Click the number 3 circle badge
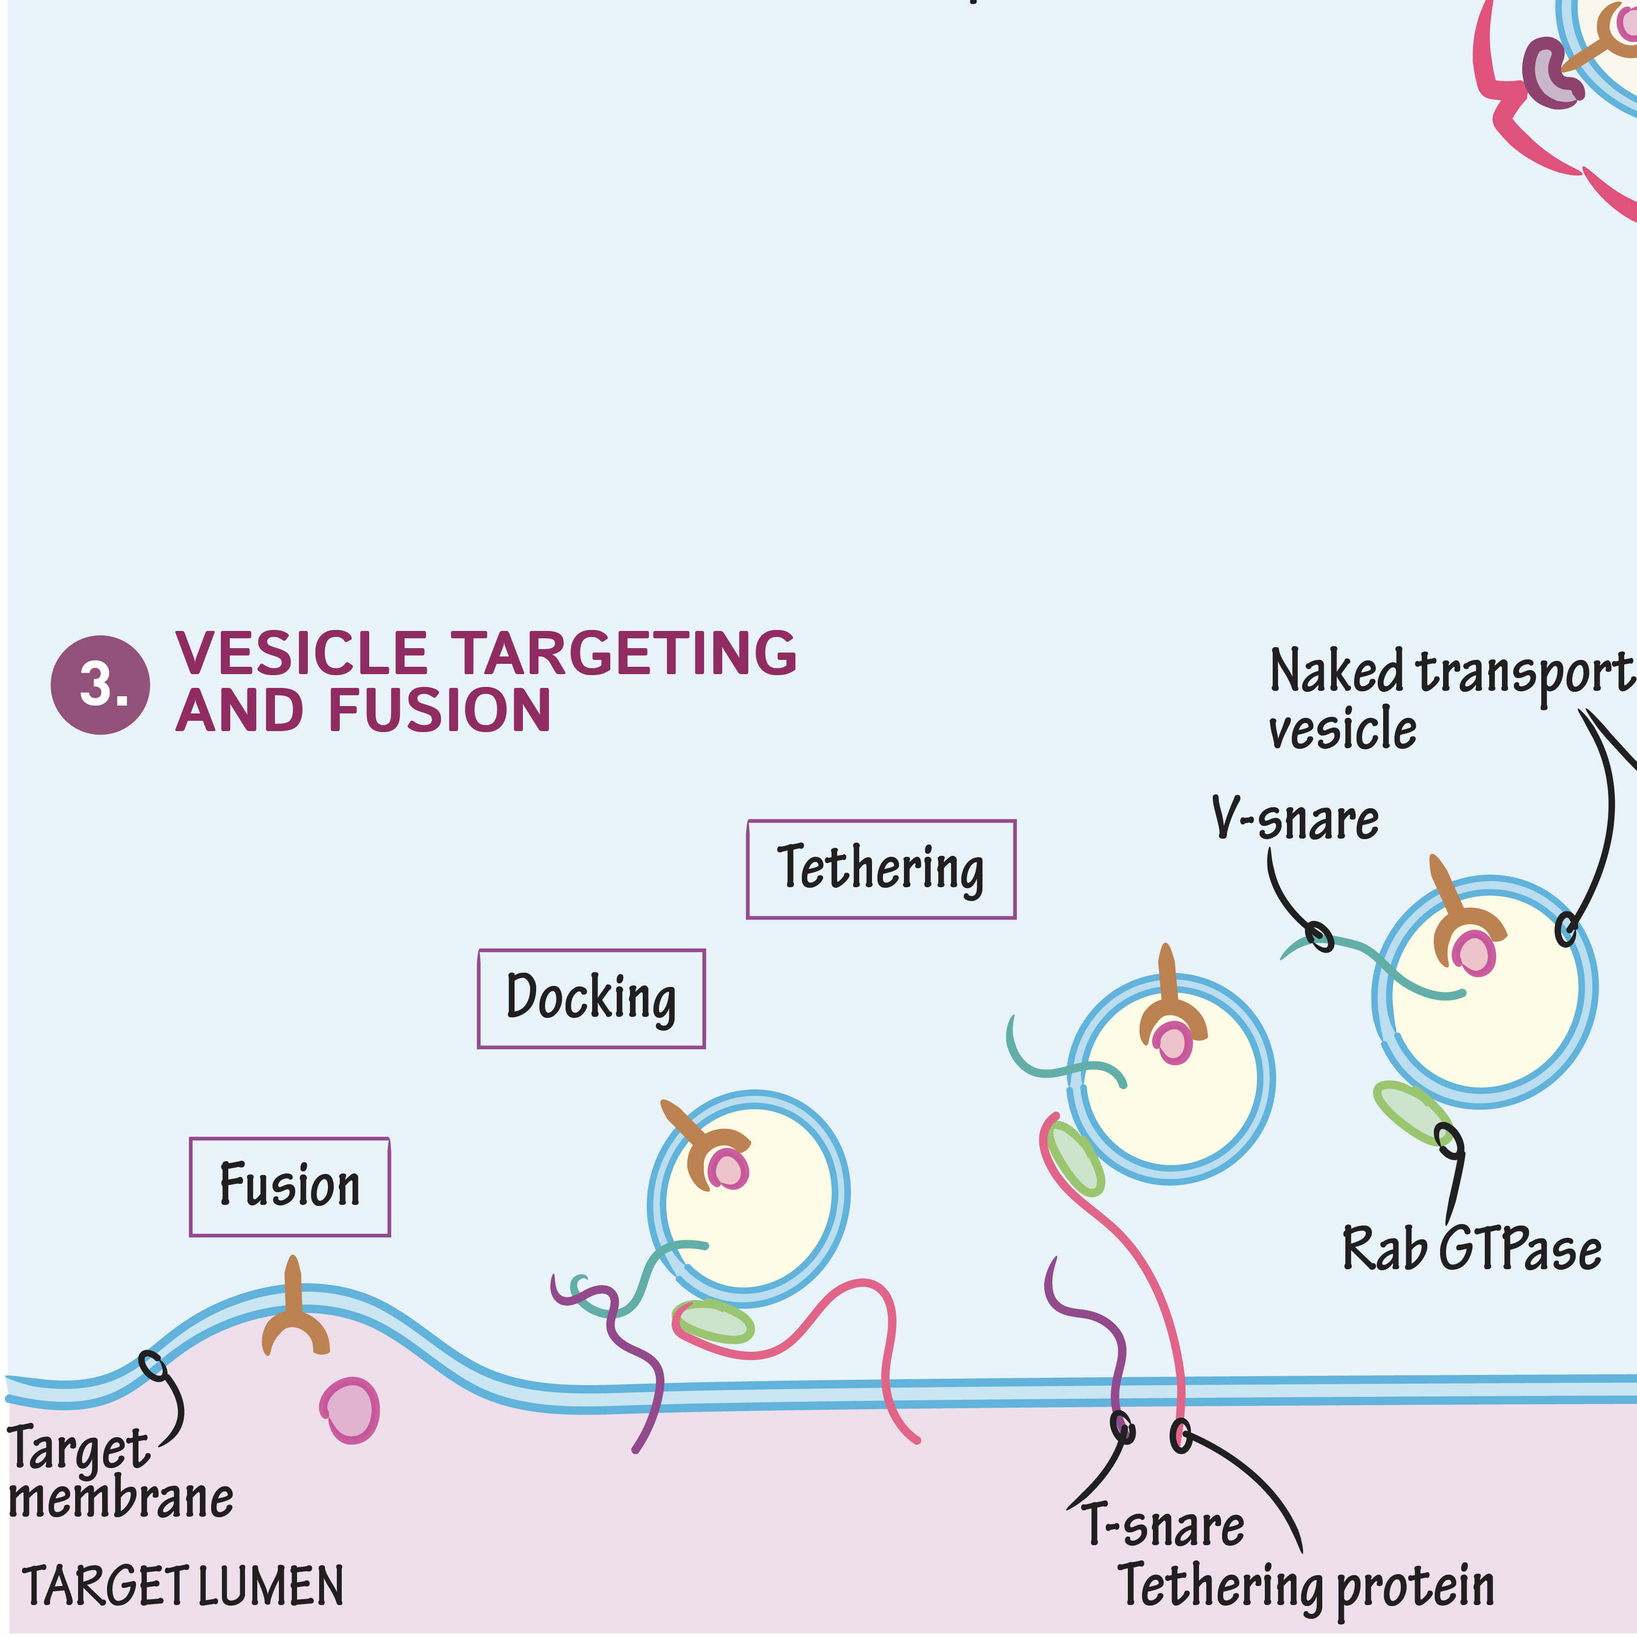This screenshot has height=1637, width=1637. click(100, 684)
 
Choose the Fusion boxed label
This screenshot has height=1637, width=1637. click(290, 1186)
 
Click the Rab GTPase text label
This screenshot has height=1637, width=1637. click(1472, 1250)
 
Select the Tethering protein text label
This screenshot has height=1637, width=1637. click(1306, 1586)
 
